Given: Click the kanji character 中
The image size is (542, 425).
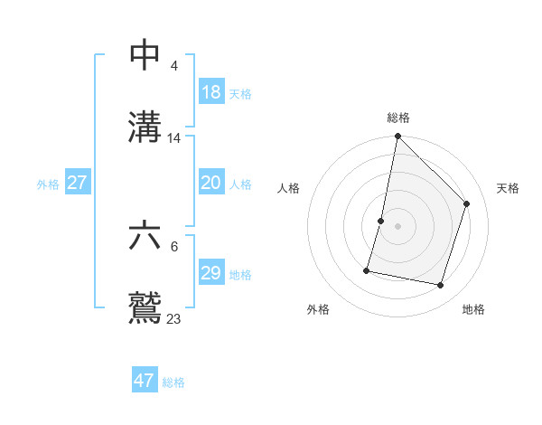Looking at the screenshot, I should click(145, 56).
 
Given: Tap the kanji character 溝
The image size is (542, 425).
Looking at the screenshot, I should click(145, 127).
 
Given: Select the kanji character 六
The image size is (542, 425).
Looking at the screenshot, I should click(145, 236).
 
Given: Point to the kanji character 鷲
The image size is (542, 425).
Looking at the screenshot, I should click(145, 307).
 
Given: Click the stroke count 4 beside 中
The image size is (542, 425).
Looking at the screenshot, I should click(173, 65).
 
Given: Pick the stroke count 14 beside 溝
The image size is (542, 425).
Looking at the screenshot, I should click(174, 138).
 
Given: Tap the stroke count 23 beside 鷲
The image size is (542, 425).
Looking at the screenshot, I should click(173, 318).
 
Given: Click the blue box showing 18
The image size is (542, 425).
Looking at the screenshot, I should click(210, 92).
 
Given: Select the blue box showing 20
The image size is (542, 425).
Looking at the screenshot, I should click(210, 183).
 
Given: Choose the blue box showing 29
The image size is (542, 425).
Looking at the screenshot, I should click(210, 273).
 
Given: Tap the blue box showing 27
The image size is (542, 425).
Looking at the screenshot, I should click(77, 183).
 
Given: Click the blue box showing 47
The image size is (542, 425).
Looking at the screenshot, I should click(144, 381).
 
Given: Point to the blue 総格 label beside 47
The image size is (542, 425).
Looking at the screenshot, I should click(173, 382).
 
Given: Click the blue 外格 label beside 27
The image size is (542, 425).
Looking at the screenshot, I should click(48, 184).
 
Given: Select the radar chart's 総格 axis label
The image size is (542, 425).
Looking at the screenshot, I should click(398, 118).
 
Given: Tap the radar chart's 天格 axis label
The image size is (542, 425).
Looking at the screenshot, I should click(508, 188).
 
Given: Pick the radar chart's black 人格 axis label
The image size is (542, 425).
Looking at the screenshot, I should click(288, 188).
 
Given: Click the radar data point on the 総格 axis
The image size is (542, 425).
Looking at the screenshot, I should click(397, 137).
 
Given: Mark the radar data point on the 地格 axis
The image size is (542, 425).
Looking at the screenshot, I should click(441, 286).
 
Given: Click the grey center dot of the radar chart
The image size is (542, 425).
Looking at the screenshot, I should click(397, 226).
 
